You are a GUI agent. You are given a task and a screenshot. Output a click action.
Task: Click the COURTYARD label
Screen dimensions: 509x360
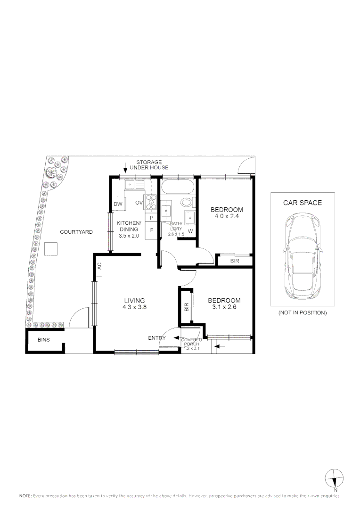76,232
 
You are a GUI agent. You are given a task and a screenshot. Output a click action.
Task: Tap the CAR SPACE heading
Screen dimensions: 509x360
302,203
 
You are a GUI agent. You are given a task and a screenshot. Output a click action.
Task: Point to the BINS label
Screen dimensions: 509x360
44,340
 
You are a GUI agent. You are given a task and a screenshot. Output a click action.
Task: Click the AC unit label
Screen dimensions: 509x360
99,266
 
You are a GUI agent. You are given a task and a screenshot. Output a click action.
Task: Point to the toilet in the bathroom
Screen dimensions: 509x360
187,204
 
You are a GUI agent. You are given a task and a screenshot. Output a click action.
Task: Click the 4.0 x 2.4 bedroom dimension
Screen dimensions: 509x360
227,217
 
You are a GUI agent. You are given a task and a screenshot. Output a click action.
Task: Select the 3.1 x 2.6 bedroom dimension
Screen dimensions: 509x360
224,308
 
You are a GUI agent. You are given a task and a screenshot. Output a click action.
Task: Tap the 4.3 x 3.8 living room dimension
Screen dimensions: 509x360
134,308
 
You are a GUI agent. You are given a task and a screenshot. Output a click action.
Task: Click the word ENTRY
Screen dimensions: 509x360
156,338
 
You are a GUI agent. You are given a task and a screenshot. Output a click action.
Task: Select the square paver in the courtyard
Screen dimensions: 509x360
51,248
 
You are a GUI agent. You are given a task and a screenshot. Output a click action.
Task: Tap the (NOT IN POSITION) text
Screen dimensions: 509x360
302,313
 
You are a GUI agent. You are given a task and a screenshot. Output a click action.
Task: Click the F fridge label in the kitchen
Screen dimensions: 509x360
151,230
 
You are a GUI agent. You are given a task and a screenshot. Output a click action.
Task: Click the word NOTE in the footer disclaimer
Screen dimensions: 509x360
25,496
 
